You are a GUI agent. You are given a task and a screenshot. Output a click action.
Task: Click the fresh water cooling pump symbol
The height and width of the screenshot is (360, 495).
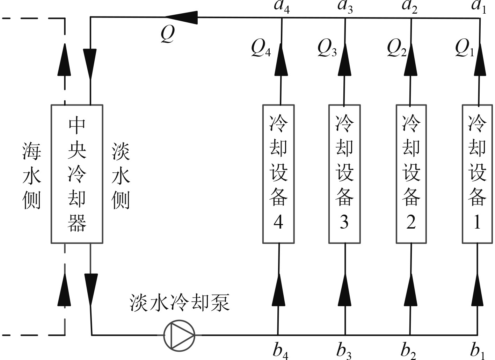[179, 335]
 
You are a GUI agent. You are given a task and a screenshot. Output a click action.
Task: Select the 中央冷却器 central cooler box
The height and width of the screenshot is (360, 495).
[77, 174]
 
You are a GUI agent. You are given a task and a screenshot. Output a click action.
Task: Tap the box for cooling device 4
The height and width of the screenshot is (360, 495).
[278, 174]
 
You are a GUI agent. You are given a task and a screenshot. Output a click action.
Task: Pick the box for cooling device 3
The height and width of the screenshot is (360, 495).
[344, 174]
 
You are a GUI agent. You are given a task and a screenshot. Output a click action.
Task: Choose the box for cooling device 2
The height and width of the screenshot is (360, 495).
[411, 174]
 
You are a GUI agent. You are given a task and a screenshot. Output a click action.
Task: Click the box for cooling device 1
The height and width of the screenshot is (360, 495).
[478, 174]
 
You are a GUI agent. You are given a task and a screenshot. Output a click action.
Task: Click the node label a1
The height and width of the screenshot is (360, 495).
[479, 7]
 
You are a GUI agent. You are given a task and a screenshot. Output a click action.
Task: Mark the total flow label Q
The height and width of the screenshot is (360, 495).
[168, 34]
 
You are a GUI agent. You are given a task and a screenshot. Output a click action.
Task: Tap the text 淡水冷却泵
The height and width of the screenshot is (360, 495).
[180, 302]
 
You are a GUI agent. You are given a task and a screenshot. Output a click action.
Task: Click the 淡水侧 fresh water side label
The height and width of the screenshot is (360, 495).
[121, 176]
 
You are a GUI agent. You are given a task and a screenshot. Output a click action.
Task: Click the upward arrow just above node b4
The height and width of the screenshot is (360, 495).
[278, 290]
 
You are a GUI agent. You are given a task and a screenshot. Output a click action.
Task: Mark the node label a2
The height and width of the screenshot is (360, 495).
[410, 7]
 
